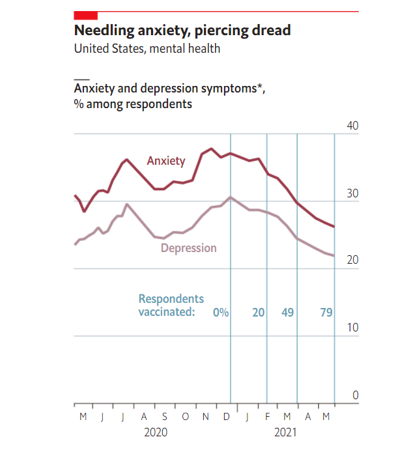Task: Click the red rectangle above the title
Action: [x=86, y=15]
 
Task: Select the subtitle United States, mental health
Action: [x=147, y=49]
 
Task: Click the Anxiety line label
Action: [x=166, y=161]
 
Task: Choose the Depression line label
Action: [x=189, y=248]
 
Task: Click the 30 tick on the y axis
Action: [x=351, y=193]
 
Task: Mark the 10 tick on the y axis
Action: [x=351, y=327]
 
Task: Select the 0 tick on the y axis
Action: [x=355, y=395]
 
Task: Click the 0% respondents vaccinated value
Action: [x=221, y=313]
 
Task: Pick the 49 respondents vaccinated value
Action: [x=287, y=313]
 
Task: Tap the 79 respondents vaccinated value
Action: [x=326, y=313]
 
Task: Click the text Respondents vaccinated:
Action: [x=171, y=305]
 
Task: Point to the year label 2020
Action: [x=156, y=432]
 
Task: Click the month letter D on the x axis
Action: [x=226, y=417]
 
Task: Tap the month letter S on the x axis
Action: [x=165, y=417]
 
